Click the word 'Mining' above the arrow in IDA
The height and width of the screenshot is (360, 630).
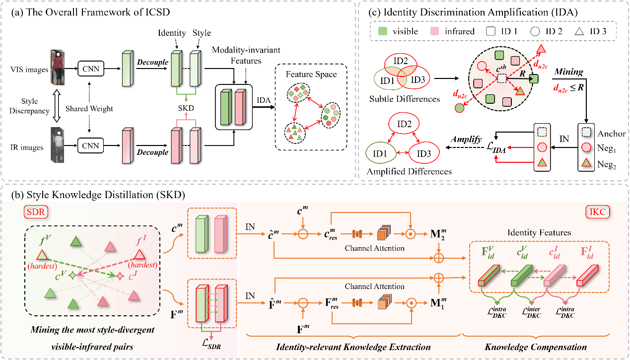[x=569, y=72]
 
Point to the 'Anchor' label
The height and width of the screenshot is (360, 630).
[x=612, y=134]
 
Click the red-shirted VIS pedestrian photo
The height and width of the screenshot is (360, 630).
[x=59, y=67]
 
